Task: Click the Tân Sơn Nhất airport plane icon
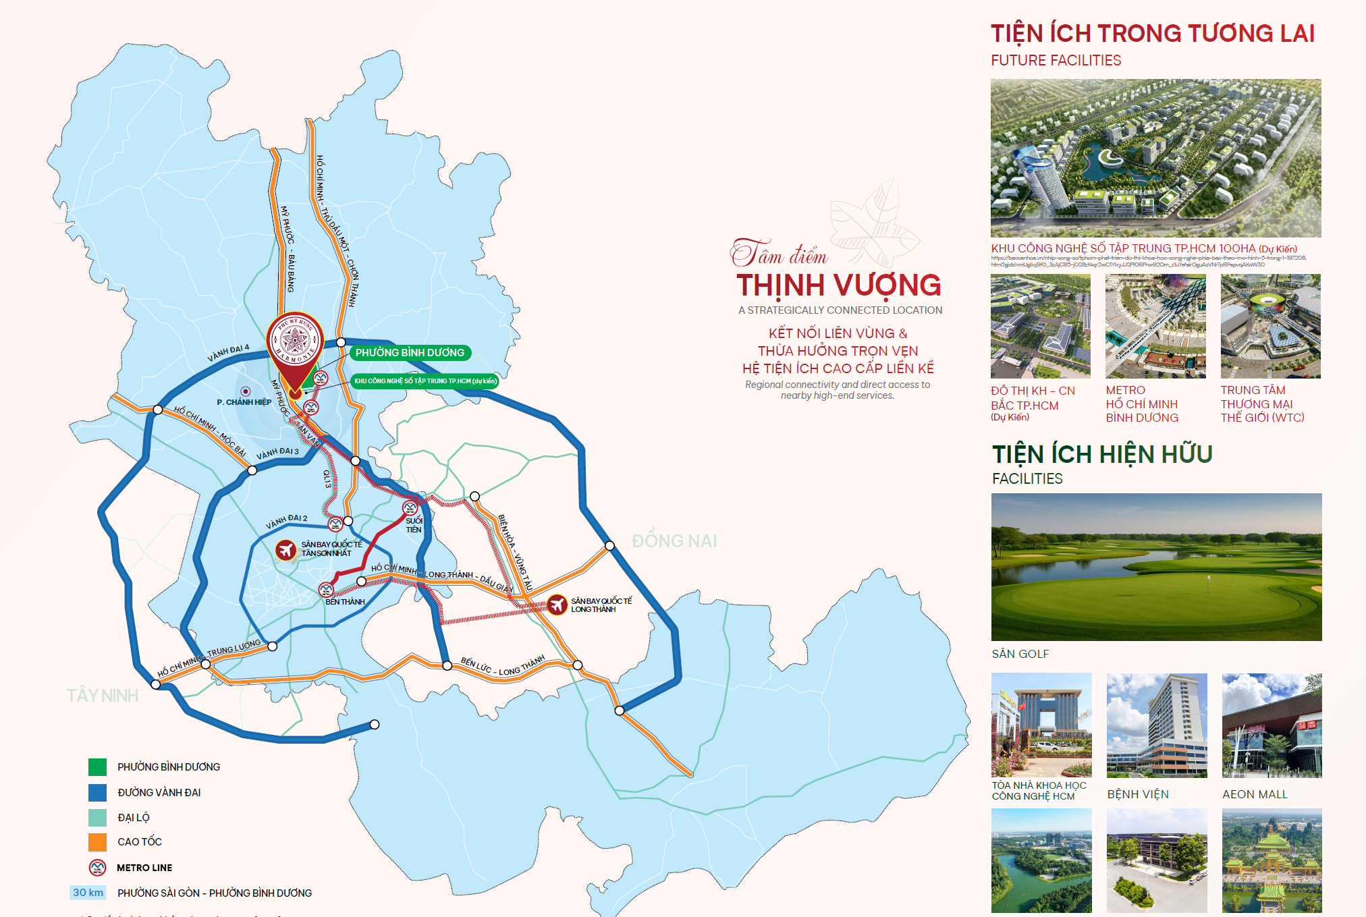click(x=286, y=550)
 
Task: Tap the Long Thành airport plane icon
click(x=557, y=605)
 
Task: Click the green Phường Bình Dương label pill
click(x=410, y=352)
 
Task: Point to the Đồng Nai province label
click(x=674, y=541)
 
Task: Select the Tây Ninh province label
click(x=103, y=696)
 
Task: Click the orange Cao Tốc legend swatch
click(x=97, y=842)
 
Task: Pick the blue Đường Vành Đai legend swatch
click(x=97, y=792)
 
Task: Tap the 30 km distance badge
click(x=88, y=893)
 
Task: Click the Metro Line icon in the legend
click(x=97, y=868)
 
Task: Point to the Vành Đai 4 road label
click(x=228, y=352)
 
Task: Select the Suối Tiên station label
click(x=414, y=525)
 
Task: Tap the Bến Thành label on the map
click(x=345, y=602)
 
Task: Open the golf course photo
click(x=1156, y=567)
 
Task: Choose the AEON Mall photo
click(x=1272, y=725)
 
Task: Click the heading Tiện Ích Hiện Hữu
click(x=1102, y=454)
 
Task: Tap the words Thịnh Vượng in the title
click(x=838, y=285)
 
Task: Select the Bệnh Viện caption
click(x=1138, y=794)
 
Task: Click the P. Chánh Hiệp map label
click(x=244, y=402)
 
